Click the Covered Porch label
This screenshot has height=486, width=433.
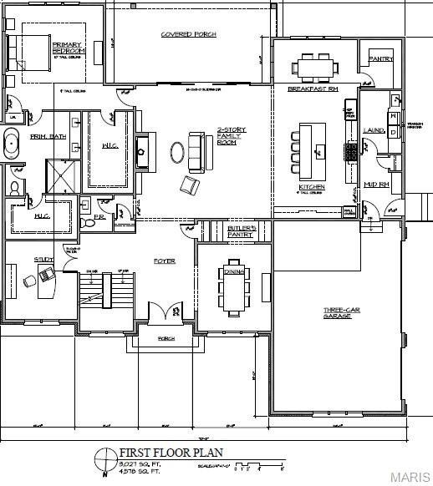(x=188, y=34)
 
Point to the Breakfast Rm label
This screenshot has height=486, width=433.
(x=312, y=89)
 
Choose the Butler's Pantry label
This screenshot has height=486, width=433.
(x=241, y=231)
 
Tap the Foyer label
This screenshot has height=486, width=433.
(x=164, y=261)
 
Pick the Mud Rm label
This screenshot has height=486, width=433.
(x=379, y=184)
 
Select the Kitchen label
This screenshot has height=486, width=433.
(x=312, y=187)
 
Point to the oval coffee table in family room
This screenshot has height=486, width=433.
(x=178, y=152)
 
